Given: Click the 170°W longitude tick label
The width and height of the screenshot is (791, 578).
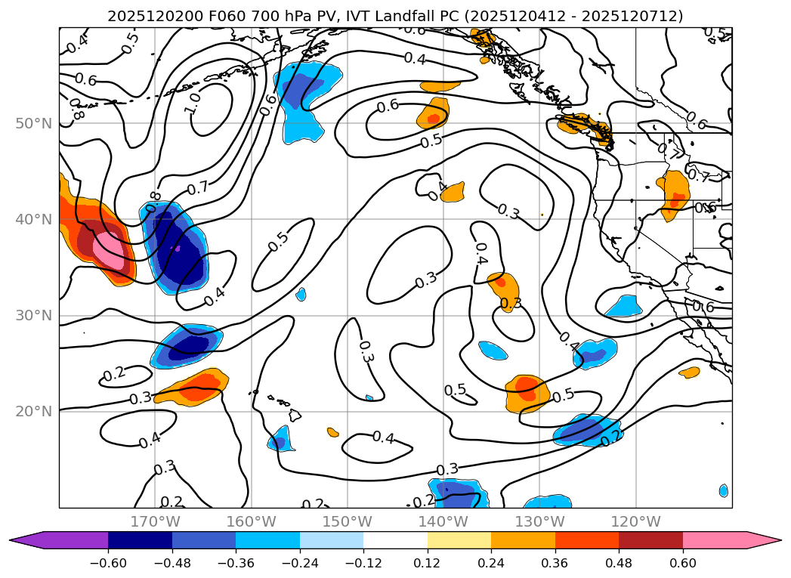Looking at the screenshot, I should click(x=155, y=521).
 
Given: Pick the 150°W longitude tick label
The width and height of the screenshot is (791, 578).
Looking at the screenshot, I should click(x=348, y=521).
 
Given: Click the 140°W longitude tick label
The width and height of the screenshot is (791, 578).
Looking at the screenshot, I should click(x=443, y=521).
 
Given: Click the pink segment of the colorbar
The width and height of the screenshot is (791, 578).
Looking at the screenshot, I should click(x=714, y=539).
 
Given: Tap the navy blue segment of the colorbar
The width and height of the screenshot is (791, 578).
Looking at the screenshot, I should click(x=140, y=539).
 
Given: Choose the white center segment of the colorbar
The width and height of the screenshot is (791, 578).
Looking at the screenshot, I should click(x=395, y=539).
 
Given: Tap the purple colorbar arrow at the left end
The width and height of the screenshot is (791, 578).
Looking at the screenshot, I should click(x=30, y=539).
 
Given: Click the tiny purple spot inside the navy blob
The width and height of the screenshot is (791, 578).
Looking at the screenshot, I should click(x=178, y=248).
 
